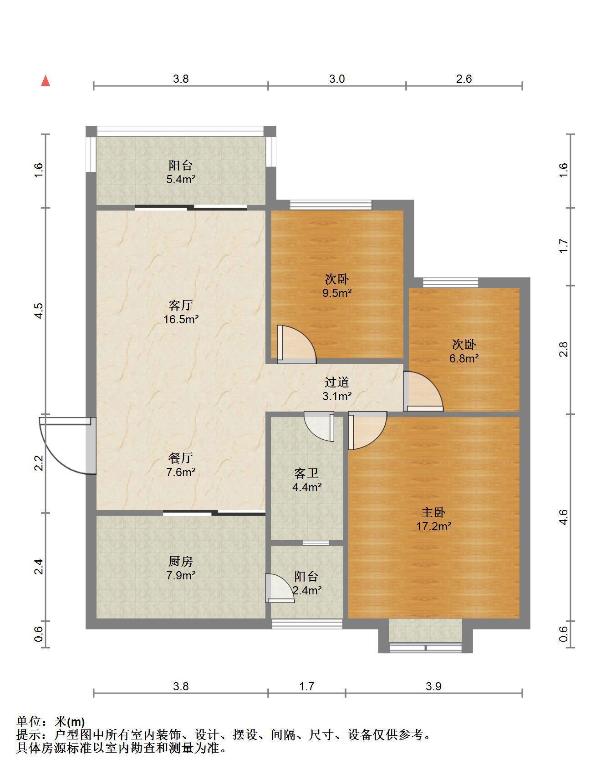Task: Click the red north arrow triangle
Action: click(46, 81)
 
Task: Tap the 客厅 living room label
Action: click(181, 305)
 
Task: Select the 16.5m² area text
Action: click(181, 319)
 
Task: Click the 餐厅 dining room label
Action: click(181, 457)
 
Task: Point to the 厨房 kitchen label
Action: click(181, 561)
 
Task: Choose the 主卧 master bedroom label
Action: click(433, 513)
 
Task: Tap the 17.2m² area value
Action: click(433, 527)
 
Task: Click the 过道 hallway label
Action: click(337, 382)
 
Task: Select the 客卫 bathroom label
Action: click(306, 473)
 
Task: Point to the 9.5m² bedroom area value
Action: click(337, 293)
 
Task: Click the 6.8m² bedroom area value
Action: click(464, 358)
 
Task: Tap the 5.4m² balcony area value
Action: click(181, 179)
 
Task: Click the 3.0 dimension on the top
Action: click(337, 79)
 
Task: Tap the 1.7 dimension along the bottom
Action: click(306, 686)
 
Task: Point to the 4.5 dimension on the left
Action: click(39, 311)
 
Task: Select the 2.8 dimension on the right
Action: click(564, 349)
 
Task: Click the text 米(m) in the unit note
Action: click(70, 722)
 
